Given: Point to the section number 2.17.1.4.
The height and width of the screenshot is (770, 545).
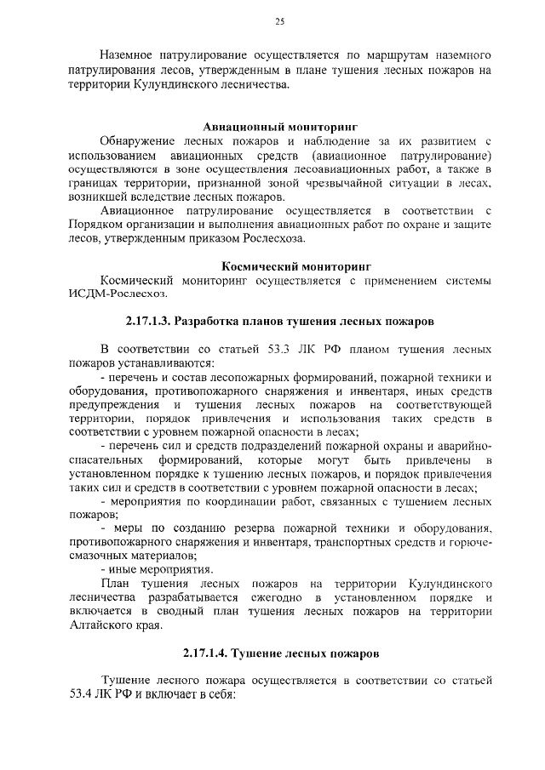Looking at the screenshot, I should (210, 653).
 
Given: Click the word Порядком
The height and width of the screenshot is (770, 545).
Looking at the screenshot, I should (95, 224).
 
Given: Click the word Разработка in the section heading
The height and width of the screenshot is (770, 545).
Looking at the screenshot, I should (217, 322).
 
